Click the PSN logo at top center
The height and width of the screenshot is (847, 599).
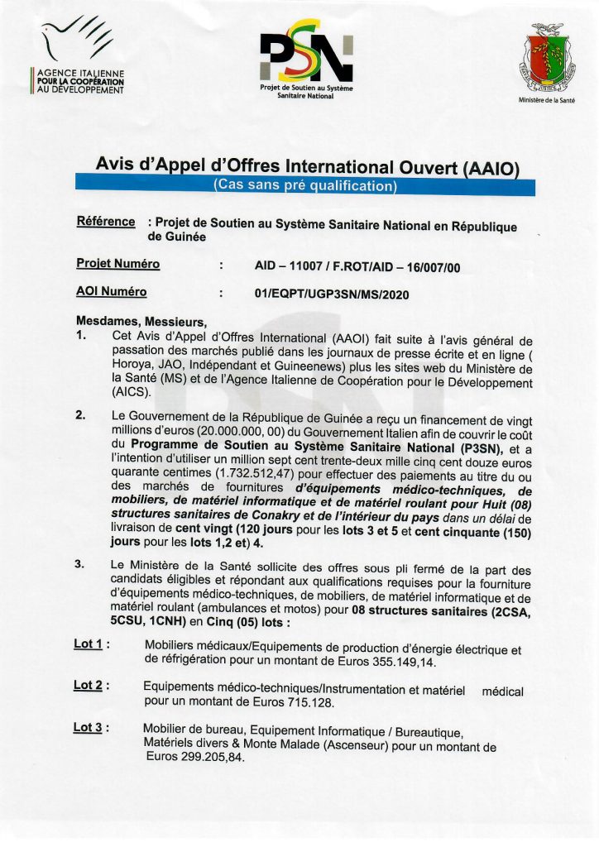306,55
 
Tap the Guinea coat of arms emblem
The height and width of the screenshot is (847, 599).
547,59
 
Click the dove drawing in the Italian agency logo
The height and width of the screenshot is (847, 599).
75,41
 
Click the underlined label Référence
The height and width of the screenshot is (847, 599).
105,222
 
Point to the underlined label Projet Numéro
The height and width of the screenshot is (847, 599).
117,264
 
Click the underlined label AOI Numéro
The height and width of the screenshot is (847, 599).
111,292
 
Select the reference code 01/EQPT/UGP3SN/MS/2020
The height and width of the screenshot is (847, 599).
333,293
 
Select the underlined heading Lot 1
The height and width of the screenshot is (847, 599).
90,644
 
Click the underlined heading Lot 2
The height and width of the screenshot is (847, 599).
90,686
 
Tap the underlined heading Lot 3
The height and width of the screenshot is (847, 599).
90,728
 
